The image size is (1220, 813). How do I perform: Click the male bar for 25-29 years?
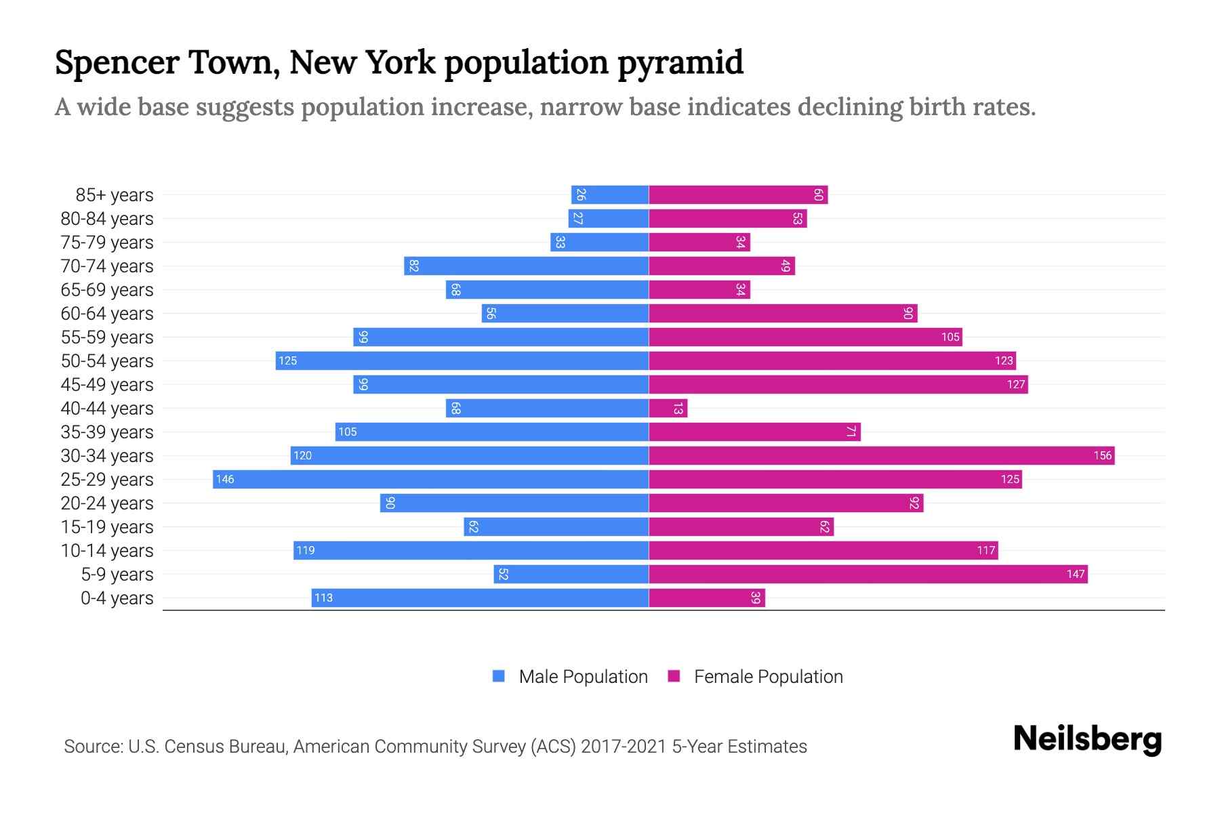[x=430, y=479]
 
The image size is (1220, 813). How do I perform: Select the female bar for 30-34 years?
[x=881, y=455]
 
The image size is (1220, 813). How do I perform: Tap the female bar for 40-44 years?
[x=668, y=408]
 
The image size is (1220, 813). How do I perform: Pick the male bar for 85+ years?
[x=610, y=194]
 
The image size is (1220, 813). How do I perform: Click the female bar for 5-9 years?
[x=868, y=574]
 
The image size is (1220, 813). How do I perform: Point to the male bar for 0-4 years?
[x=480, y=598]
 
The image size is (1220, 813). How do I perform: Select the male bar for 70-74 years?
[x=526, y=266]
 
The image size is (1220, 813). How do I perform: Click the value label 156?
[x=1102, y=455]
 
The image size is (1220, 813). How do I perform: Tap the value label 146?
[x=225, y=479]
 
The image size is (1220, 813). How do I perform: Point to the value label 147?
[x=1076, y=574]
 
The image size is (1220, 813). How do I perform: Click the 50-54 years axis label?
[x=107, y=361]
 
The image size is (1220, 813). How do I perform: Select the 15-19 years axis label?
[x=107, y=527]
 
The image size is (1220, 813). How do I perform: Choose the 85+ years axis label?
[x=115, y=195]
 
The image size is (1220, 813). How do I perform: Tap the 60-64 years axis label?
[x=107, y=314]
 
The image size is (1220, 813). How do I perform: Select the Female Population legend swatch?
[x=674, y=676]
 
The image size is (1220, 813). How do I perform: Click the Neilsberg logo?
[x=1087, y=739]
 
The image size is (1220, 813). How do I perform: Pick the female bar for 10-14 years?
[x=823, y=550]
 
